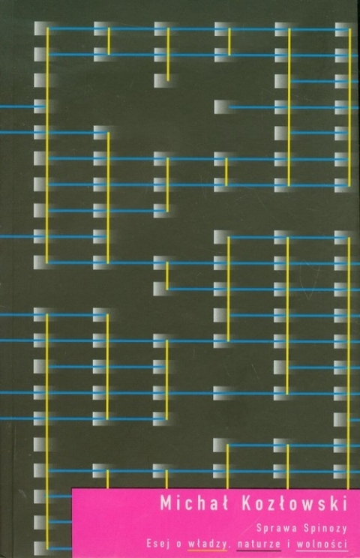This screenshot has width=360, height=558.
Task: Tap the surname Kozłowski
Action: click(294, 503)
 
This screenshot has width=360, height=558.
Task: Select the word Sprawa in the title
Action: click(277, 529)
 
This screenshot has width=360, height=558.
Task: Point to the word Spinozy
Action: click(325, 529)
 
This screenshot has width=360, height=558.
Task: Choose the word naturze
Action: click(259, 544)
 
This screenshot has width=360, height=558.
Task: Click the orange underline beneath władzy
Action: click(208, 550)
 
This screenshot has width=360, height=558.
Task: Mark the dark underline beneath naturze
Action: click(259, 550)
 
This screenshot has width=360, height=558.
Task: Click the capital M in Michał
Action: click(166, 504)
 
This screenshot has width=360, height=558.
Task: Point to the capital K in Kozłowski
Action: click(247, 504)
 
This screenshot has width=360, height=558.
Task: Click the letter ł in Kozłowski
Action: click(283, 504)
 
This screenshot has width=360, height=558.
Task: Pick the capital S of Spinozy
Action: click(307, 529)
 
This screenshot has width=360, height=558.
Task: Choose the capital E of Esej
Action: click(149, 544)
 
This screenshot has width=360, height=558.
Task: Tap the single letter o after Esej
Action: click(178, 544)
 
